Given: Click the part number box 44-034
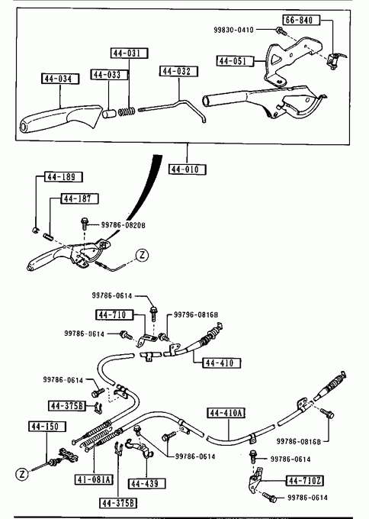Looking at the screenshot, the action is (60, 79).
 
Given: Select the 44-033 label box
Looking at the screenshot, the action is (110, 75).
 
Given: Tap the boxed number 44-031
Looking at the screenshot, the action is (129, 53).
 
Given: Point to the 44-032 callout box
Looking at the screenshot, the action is (179, 71).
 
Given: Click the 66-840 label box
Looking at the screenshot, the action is (301, 20).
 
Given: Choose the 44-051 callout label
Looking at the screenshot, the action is (235, 61).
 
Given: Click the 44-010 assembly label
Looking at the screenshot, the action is (187, 169).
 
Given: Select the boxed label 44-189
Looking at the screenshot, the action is (63, 177).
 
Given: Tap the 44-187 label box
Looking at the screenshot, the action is (80, 198).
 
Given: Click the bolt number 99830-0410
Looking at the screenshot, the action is (233, 30).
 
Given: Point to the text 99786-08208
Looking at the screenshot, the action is (123, 225).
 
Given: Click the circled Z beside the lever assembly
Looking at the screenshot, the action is (142, 255).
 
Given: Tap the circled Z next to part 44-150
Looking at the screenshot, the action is (22, 474).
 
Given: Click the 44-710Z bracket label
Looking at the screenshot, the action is (304, 480).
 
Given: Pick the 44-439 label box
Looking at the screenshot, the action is (146, 484).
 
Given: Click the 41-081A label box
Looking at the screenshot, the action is (94, 479).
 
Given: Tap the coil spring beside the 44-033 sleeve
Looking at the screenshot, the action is (127, 111).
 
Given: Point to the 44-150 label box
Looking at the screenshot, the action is (47, 427).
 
